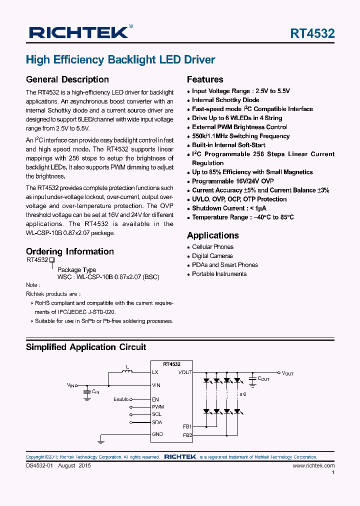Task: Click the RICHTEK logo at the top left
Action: [79, 33]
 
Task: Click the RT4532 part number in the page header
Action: [312, 33]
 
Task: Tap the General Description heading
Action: [67, 79]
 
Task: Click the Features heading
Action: [205, 79]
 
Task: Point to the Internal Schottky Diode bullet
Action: [225, 100]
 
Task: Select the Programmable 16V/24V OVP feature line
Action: [232, 181]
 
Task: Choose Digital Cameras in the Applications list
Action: [212, 256]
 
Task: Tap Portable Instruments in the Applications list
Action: [219, 274]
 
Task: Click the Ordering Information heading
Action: [69, 251]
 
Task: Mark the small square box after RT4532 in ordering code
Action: [51, 260]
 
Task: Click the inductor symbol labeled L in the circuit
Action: [127, 371]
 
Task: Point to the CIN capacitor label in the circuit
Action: [95, 392]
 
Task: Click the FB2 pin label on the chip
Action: [187, 435]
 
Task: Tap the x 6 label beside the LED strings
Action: [243, 394]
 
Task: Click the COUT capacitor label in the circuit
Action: [263, 379]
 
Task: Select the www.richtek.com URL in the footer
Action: [313, 465]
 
